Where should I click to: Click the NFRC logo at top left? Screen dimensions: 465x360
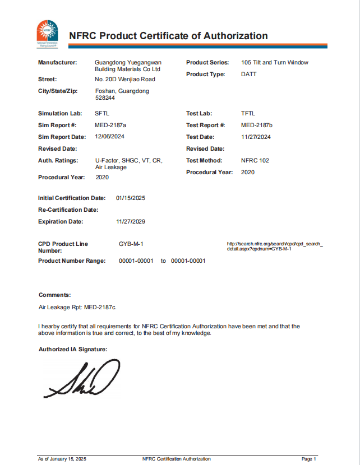pyautogui.click(x=47, y=32)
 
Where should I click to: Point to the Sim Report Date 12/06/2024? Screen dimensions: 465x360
pyautogui.click(x=110, y=137)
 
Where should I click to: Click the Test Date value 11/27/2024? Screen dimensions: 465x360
pyautogui.click(x=256, y=137)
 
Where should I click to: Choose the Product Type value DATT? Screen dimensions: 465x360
pyautogui.click(x=248, y=74)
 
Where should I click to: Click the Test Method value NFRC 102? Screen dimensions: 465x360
pyautogui.click(x=255, y=160)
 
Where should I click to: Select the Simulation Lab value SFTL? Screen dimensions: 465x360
pyautogui.click(x=102, y=113)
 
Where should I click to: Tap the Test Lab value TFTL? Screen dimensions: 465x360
pyautogui.click(x=248, y=113)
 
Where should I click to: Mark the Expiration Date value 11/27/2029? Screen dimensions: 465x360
pyautogui.click(x=131, y=221)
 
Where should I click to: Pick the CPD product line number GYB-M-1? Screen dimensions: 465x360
pyautogui.click(x=131, y=244)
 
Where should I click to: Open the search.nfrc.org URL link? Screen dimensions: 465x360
pyautogui.click(x=275, y=246)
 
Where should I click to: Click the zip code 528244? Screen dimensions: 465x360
pyautogui.click(x=105, y=97)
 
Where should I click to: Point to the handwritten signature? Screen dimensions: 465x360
pyautogui.click(x=84, y=380)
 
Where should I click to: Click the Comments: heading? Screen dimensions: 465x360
pyautogui.click(x=54, y=295)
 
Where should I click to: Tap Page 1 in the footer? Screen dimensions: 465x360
pyautogui.click(x=309, y=459)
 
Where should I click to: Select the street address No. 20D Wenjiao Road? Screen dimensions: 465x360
pyautogui.click(x=125, y=79)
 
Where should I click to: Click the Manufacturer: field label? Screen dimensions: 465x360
pyautogui.click(x=57, y=62)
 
